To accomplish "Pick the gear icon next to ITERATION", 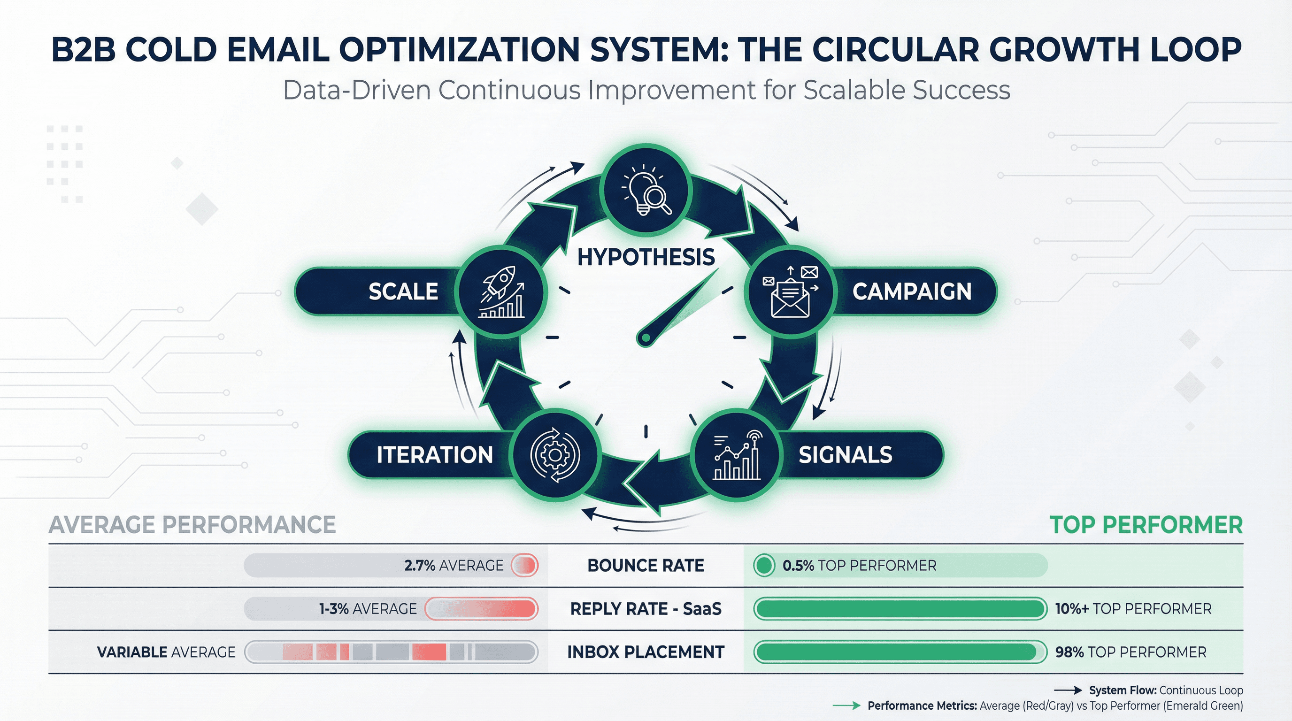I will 555,455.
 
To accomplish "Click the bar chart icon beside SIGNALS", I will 736,455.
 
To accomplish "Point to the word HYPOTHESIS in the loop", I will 646,257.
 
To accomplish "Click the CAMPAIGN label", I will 912,291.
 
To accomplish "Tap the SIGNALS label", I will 845,455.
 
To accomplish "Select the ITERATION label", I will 434,455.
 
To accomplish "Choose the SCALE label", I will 403,291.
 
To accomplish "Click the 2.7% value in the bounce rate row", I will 419,566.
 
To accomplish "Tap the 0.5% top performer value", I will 798,566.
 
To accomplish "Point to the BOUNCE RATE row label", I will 646,566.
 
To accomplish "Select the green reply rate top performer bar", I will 899,609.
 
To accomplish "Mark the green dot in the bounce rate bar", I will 764,566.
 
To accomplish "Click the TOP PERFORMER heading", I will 1146,525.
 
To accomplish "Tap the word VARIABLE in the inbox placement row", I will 132,652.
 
